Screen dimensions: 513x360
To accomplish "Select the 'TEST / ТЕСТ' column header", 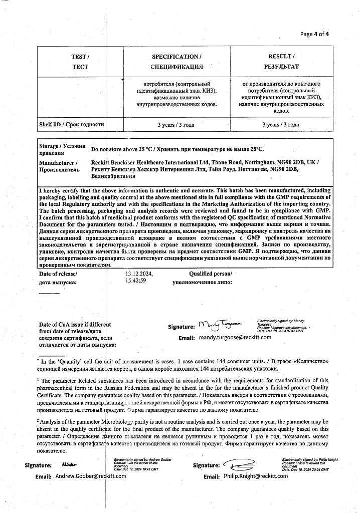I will click(80, 62).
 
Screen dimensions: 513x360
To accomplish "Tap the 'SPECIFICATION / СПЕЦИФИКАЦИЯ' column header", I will click(176, 62).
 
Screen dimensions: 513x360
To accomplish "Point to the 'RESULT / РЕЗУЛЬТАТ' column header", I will click(281, 62).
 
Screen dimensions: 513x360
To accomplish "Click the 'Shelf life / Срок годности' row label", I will click(72, 124).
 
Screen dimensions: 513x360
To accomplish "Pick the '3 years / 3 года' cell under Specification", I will click(176, 125).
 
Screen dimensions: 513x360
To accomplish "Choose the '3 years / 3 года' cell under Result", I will click(281, 125).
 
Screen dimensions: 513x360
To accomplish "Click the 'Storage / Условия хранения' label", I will click(59, 149).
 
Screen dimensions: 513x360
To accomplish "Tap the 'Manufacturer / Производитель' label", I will click(59, 166).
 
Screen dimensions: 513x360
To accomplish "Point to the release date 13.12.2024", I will click(139, 274).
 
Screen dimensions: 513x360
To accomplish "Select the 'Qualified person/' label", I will click(211, 274).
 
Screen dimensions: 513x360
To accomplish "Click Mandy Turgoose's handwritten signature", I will click(220, 326).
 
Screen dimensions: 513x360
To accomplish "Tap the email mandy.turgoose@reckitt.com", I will click(235, 338).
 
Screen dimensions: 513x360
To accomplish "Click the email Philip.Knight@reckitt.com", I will click(256, 476).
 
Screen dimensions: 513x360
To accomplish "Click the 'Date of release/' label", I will click(58, 274).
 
